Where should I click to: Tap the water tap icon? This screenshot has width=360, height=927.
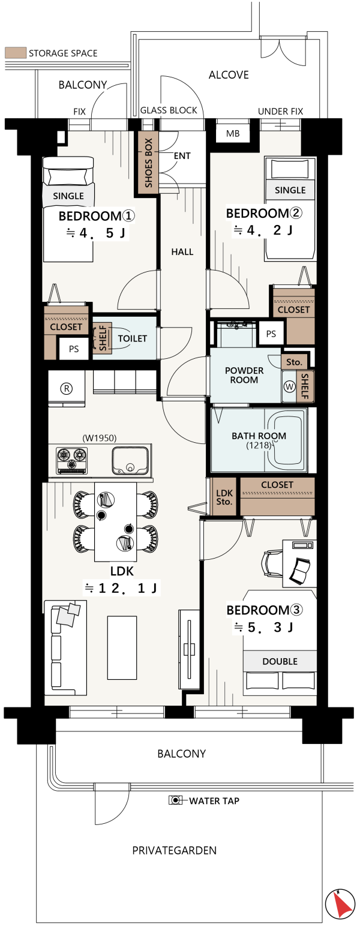(x=175, y=800)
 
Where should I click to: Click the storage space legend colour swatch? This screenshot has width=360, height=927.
(x=16, y=53)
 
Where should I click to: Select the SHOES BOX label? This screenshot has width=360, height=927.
(x=149, y=163)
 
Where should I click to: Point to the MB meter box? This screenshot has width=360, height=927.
(x=233, y=133)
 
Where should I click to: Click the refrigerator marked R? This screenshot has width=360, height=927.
(x=67, y=389)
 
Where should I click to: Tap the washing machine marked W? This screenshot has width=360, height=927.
(x=290, y=386)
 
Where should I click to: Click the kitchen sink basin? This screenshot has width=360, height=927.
(x=130, y=460)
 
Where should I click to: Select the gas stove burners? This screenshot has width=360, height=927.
(x=72, y=460)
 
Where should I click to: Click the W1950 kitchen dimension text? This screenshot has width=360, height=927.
(x=100, y=438)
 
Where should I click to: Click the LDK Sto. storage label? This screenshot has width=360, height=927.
(x=224, y=497)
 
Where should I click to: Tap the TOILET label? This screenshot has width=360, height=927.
(x=133, y=338)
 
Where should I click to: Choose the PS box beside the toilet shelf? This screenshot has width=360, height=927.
(x=74, y=349)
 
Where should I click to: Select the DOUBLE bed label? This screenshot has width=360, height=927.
(x=280, y=661)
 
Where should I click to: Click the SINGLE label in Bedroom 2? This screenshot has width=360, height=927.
(x=290, y=190)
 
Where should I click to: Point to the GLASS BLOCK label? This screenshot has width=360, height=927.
(x=169, y=110)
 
